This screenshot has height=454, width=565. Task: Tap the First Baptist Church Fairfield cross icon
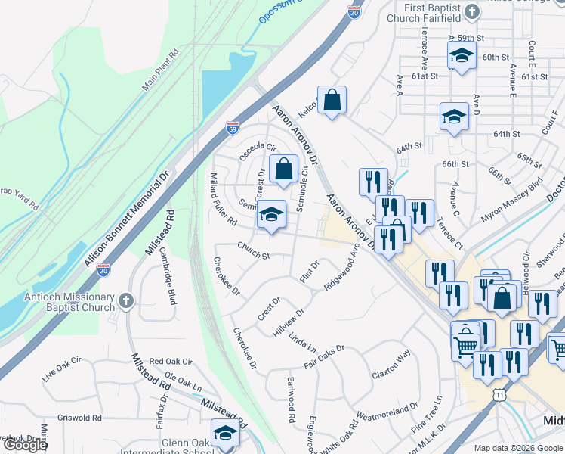(472, 11)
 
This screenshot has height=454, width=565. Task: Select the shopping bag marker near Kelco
(332, 100)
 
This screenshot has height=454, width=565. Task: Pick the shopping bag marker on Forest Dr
(283, 169)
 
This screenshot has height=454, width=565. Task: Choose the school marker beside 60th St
(462, 55)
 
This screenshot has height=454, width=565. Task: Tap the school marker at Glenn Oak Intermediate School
(225, 434)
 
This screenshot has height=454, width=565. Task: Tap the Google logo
(24, 445)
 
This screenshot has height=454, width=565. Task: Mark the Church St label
(253, 250)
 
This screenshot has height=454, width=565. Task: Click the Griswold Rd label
(79, 417)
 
